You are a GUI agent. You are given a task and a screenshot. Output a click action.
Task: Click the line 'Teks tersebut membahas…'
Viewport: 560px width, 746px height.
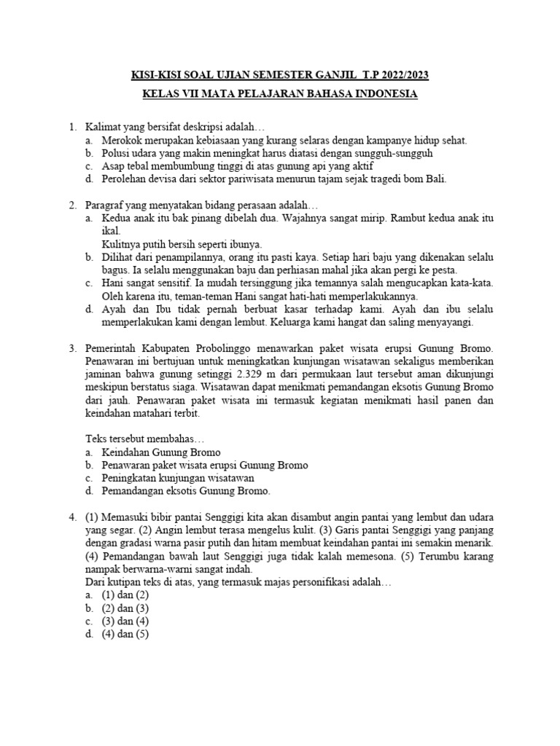[146, 439]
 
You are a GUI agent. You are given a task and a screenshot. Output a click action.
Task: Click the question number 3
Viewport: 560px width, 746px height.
[73, 348]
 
